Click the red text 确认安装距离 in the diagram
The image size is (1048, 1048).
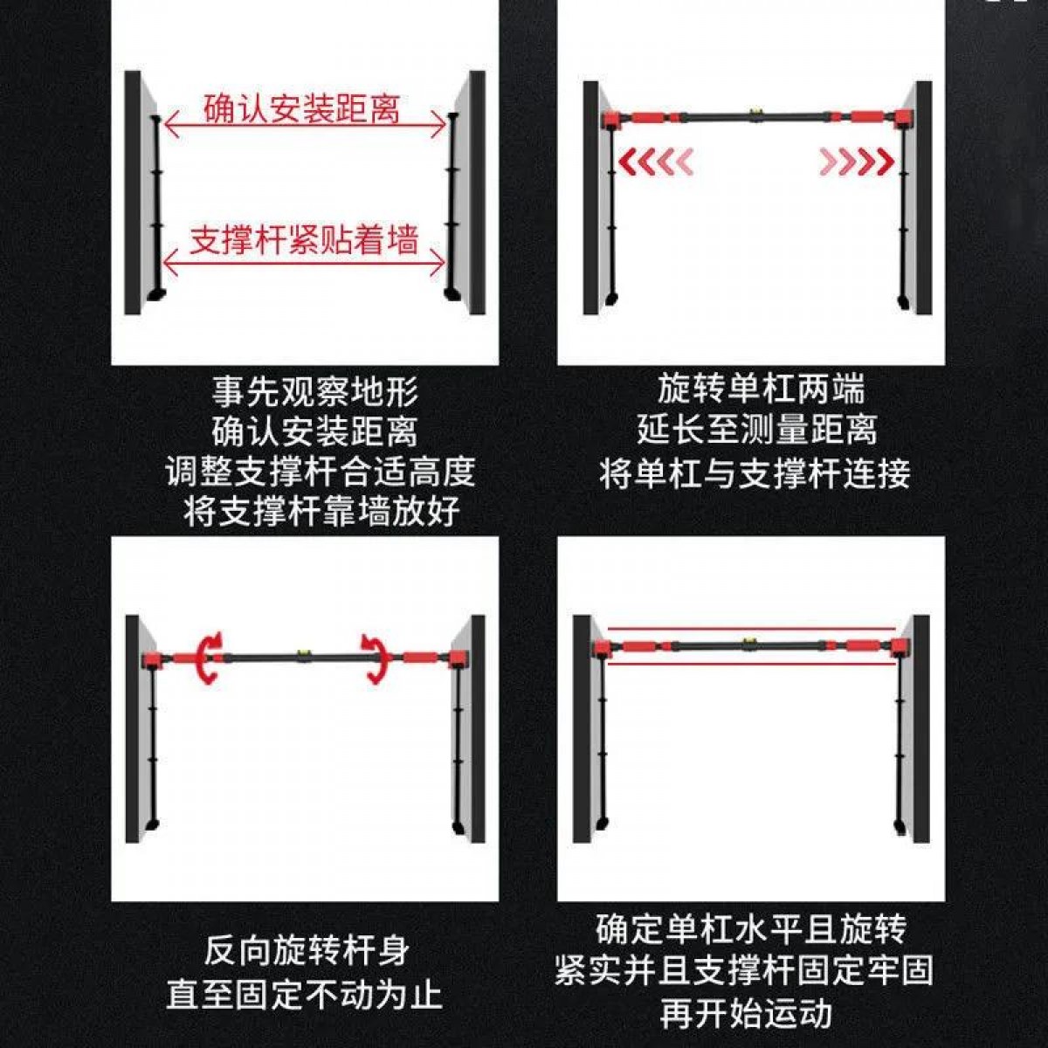tap(302, 109)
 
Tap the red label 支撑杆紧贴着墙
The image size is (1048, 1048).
tap(304, 240)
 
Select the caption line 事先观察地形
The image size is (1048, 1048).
tap(315, 392)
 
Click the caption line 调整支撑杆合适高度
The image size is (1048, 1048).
tap(321, 472)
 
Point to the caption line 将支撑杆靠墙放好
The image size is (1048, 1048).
tap(321, 511)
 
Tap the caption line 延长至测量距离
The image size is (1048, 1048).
tap(757, 431)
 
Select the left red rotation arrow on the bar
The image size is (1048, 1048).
tap(210, 657)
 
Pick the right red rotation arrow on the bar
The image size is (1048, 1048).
tap(373, 657)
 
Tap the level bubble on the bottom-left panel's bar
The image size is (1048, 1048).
tap(302, 652)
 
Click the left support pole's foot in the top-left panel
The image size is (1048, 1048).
tap(156, 295)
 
